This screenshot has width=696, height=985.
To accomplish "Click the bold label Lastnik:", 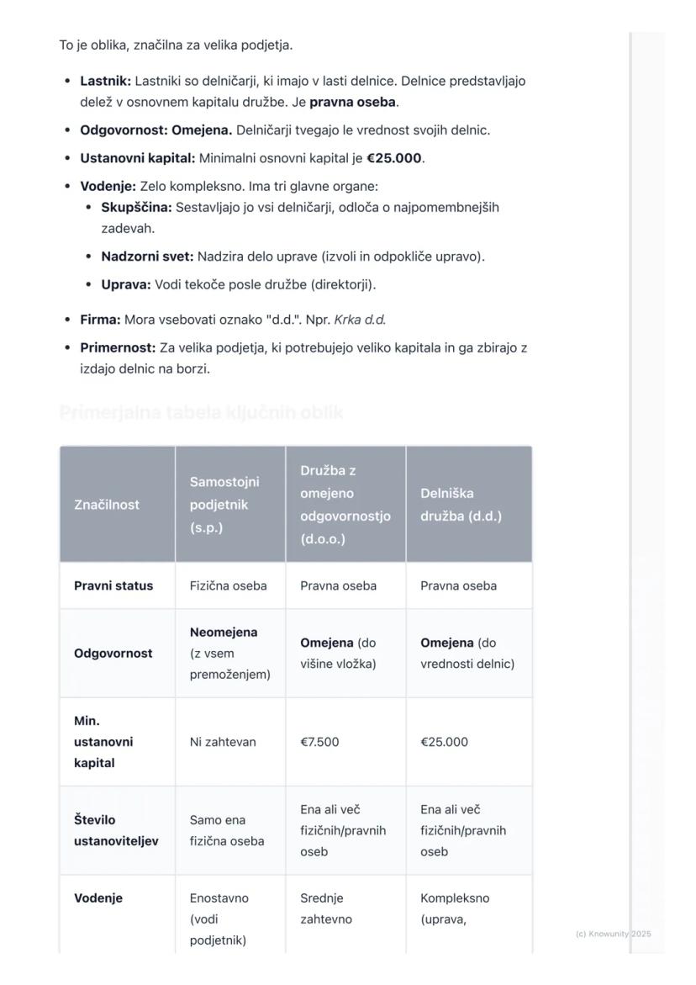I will click(105, 82).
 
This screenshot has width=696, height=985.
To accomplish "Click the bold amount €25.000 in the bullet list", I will click(394, 158).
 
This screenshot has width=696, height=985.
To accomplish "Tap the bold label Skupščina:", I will click(136, 207).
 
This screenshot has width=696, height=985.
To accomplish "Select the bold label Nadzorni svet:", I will click(147, 257).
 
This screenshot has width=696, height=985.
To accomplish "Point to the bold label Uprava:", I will click(126, 284).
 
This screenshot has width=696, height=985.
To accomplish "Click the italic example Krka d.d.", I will click(360, 320).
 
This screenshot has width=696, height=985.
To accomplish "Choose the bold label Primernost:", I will click(118, 347).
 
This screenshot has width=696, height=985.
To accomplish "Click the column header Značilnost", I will click(107, 505).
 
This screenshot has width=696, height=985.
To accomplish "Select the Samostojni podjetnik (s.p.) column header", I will click(224, 505).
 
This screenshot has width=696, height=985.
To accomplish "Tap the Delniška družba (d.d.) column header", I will click(461, 505).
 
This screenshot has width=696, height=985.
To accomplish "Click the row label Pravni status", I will click(113, 585).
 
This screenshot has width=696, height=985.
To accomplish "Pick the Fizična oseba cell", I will click(228, 585).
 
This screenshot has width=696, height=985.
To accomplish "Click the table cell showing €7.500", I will click(319, 742).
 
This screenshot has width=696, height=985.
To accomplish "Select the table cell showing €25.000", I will click(444, 742).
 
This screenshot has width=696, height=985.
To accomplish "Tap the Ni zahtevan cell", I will click(223, 742).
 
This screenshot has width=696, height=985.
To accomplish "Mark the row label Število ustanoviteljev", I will click(116, 830).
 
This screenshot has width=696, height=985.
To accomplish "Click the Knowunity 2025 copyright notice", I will click(613, 934).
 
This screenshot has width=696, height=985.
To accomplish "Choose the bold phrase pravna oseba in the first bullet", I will click(352, 103).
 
